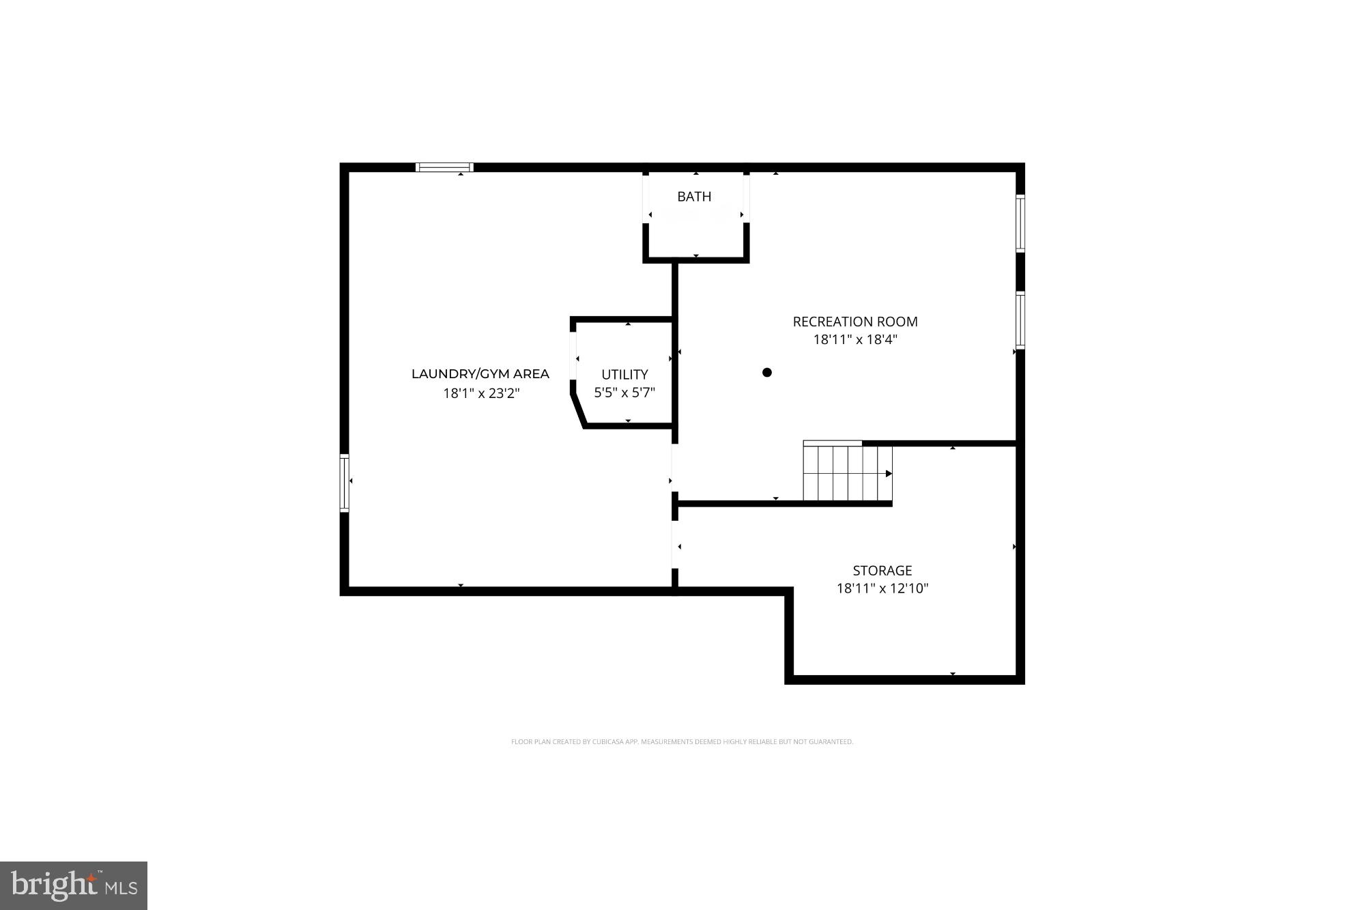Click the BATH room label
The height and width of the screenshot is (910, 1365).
tap(694, 197)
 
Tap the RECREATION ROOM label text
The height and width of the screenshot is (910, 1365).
tap(855, 322)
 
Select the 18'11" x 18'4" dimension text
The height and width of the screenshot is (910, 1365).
tap(855, 339)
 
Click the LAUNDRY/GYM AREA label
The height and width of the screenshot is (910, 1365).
tap(480, 374)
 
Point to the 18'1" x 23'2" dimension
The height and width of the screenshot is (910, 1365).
tap(481, 393)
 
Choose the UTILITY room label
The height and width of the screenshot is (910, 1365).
tap(624, 375)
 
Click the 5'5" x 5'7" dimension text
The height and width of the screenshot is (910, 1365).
tap(624, 393)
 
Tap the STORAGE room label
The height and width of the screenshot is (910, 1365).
tap(882, 571)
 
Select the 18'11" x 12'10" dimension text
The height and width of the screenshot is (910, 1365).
tap(882, 588)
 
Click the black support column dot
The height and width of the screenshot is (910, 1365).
tap(767, 372)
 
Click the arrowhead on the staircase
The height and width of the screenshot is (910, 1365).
tap(889, 474)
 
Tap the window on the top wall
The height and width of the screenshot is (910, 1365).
tap(444, 167)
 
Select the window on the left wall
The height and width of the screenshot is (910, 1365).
tap(345, 483)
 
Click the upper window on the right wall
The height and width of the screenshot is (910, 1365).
tap(1020, 223)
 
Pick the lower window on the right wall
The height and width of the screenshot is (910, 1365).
tap(1020, 320)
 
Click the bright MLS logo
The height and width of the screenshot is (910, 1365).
tap(74, 885)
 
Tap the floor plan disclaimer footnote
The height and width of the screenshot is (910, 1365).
tap(682, 742)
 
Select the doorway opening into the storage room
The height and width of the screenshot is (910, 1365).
tap(675, 545)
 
